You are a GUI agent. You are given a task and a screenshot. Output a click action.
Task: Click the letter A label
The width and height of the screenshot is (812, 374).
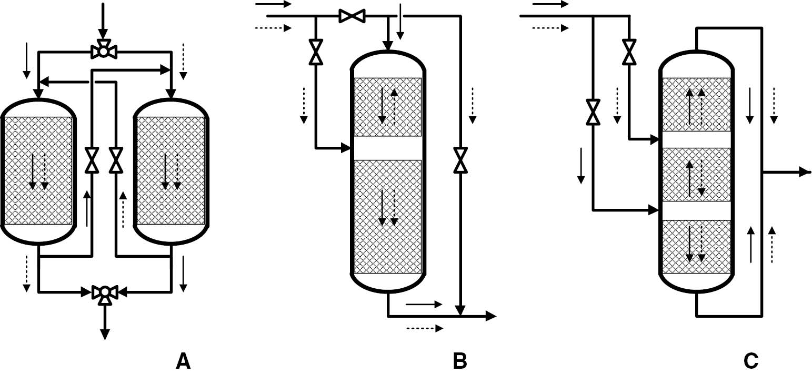click(x=183, y=361)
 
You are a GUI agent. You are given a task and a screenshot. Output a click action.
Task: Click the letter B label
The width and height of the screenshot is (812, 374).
click(x=459, y=361)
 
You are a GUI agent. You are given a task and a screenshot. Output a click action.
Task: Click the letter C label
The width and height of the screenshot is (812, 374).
click(x=751, y=361)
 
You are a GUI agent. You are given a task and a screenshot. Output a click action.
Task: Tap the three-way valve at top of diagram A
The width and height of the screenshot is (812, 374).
click(x=104, y=51)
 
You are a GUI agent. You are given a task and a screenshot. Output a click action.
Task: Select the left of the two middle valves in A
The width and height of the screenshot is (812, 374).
click(x=92, y=161)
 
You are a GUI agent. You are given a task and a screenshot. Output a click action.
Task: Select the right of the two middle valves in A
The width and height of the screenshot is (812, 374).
click(x=115, y=161)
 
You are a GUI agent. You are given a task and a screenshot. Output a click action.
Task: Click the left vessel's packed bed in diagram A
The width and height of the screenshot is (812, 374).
click(x=37, y=170)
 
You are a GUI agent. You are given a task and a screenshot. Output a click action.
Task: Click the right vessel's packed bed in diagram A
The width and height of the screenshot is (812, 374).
click(x=171, y=170)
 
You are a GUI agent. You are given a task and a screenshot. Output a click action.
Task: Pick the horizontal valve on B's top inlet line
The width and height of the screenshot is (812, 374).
click(x=352, y=16)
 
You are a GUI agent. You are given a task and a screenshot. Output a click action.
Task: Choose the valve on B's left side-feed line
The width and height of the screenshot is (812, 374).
click(x=316, y=52)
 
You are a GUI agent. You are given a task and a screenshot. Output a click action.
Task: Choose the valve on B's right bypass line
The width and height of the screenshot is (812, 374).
click(x=460, y=160)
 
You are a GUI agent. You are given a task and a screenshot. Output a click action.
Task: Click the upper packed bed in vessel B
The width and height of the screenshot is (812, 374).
click(x=388, y=107)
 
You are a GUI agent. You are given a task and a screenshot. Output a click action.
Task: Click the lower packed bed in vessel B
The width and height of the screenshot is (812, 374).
click(x=388, y=216)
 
